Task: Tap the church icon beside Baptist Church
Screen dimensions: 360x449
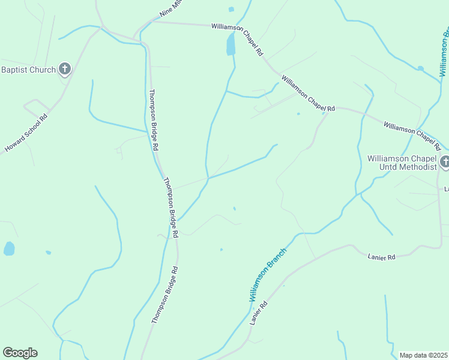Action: (x=65, y=70)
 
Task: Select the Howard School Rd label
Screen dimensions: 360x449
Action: (x=26, y=133)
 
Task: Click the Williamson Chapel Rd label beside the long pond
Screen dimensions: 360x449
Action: (x=237, y=40)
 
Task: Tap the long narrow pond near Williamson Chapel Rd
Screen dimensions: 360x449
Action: (x=231, y=44)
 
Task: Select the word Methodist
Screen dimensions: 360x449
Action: (x=416, y=167)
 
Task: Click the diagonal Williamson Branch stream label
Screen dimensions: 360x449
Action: (x=268, y=274)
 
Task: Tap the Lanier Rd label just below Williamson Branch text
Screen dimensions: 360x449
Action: (x=259, y=313)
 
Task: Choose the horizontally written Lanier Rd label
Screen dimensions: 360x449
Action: (x=381, y=257)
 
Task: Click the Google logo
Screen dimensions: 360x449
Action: (x=20, y=353)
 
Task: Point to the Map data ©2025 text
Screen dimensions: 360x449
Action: (x=424, y=355)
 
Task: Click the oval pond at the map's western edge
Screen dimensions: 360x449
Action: (x=9, y=248)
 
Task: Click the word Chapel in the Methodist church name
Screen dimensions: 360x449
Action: (x=424, y=158)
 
